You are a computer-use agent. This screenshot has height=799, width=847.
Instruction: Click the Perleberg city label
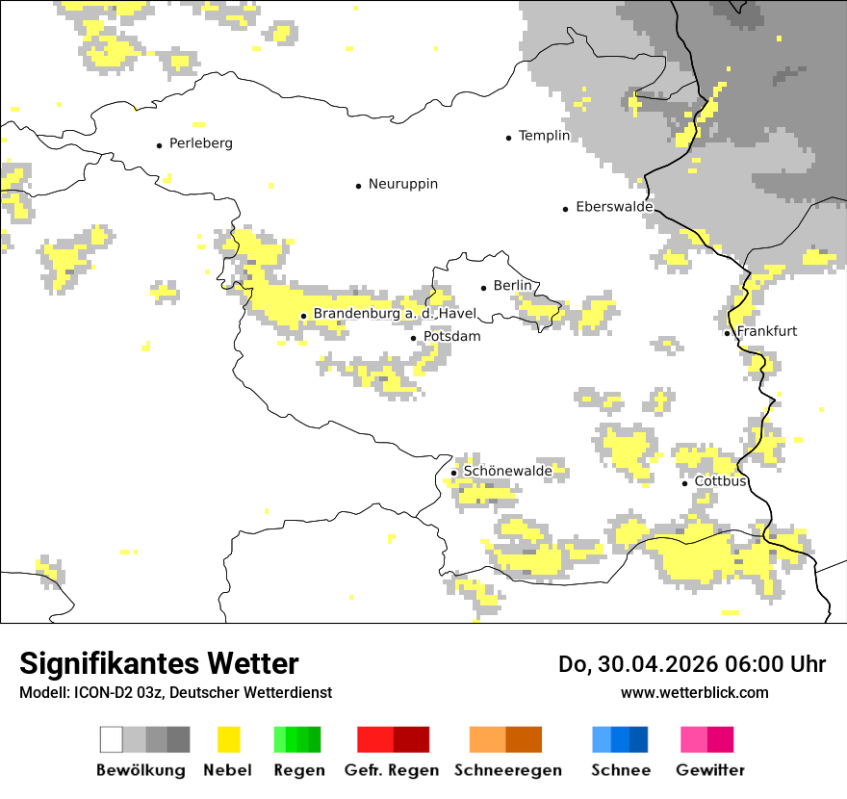click(200, 143)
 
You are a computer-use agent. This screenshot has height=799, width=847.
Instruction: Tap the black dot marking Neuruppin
click(358, 185)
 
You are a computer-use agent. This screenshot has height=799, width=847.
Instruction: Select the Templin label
click(544, 136)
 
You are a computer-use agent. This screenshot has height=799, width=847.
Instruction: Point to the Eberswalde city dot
click(565, 209)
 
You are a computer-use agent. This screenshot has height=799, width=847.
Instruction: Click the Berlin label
click(512, 286)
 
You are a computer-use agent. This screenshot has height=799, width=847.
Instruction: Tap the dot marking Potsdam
click(414, 338)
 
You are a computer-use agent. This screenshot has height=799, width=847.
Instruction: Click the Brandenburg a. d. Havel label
click(395, 314)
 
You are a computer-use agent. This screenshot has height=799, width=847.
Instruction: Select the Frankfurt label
click(766, 331)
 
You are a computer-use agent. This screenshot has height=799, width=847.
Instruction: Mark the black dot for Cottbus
click(684, 483)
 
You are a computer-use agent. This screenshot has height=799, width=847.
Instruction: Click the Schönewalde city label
click(507, 471)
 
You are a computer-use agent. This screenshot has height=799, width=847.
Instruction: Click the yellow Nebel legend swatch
click(229, 740)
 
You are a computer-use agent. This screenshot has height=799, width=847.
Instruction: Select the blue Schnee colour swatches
click(620, 740)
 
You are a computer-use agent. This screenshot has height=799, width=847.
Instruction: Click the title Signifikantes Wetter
click(159, 663)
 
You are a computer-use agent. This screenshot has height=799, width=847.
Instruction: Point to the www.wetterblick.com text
click(694, 692)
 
